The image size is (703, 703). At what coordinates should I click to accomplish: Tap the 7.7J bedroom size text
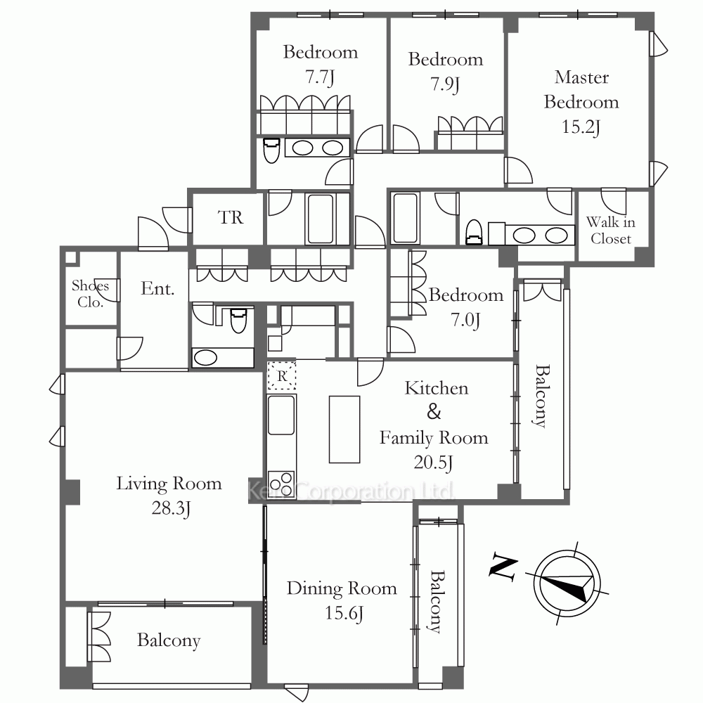coord(320,77)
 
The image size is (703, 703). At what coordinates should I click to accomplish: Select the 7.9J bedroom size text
coord(445,84)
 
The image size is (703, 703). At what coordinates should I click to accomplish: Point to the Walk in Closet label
coord(611,230)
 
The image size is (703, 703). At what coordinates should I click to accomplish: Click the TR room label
coord(231,217)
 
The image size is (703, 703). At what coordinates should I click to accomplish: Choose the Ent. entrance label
coord(157,288)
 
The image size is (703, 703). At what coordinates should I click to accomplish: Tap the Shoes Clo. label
coord(90,294)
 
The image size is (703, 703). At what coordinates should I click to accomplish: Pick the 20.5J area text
coord(433,463)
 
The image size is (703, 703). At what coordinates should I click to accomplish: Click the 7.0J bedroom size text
coord(465,320)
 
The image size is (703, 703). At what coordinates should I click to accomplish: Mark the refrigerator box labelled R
coord(282,375)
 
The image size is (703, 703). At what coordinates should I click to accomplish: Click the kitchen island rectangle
coord(344,429)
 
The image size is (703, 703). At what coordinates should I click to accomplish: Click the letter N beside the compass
coord(503,567)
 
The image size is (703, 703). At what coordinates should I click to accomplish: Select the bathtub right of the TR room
coord(321,219)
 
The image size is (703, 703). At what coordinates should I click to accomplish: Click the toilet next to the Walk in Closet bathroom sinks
coord(474,232)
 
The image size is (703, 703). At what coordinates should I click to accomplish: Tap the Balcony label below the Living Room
coord(169,640)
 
